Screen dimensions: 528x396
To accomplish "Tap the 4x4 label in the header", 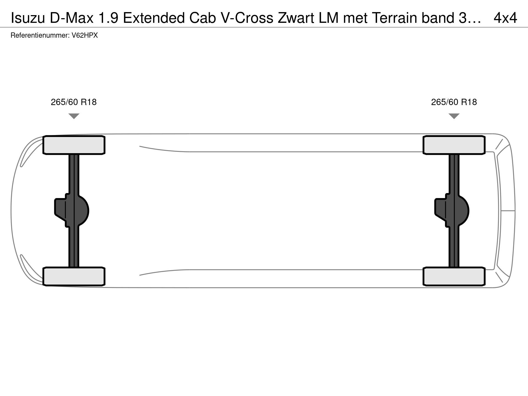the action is pos(505,18).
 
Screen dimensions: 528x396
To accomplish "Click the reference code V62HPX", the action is pos(85,35).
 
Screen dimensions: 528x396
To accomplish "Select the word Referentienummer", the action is pos(40,35).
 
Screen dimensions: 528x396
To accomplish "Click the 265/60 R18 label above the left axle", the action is pos(74,102).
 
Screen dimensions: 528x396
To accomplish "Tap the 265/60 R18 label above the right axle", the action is pos(454,102).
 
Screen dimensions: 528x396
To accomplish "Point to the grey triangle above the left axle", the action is pos(74,116).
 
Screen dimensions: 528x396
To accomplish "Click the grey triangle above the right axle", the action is pos(454,116).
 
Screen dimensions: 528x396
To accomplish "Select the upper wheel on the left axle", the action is pos(74,145).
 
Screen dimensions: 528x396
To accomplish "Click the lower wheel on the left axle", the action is pos(74,276).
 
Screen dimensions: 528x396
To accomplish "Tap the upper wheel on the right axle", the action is pos(454,145).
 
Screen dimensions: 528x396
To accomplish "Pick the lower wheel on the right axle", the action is pos(454,276).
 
